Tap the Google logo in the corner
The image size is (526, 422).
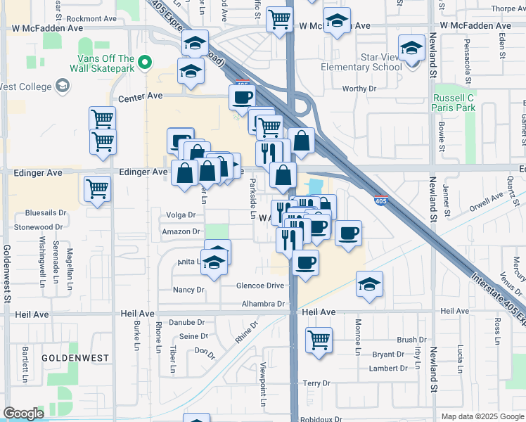[23, 414]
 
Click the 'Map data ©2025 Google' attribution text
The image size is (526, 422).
[483, 416]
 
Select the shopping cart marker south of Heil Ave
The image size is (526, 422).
[319, 340]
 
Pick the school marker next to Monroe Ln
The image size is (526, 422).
[369, 283]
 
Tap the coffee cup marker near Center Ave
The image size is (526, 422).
[242, 97]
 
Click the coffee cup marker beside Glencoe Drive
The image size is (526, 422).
[304, 263]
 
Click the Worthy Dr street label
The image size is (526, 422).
[360, 89]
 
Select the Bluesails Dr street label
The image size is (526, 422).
[45, 212]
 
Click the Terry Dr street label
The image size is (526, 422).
[316, 383]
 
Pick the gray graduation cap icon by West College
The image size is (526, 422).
[63, 86]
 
